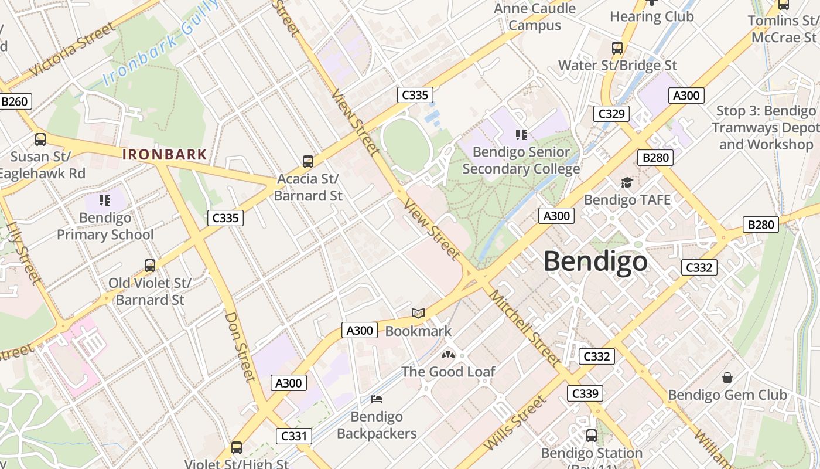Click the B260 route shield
(14, 101)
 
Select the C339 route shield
(585, 393)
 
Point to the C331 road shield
(294, 436)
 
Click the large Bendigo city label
(596, 261)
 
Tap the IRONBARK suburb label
(165, 155)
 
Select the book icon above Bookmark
(418, 314)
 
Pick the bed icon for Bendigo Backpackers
(377, 399)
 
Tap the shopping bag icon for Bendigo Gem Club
(727, 377)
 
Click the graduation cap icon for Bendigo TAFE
(627, 182)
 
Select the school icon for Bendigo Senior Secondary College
(521, 134)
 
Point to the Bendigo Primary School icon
(105, 200)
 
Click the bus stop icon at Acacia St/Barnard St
(308, 161)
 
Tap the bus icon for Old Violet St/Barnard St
(150, 266)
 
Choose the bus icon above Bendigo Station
(592, 436)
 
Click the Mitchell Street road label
(525, 328)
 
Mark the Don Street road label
(241, 346)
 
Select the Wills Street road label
(508, 423)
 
